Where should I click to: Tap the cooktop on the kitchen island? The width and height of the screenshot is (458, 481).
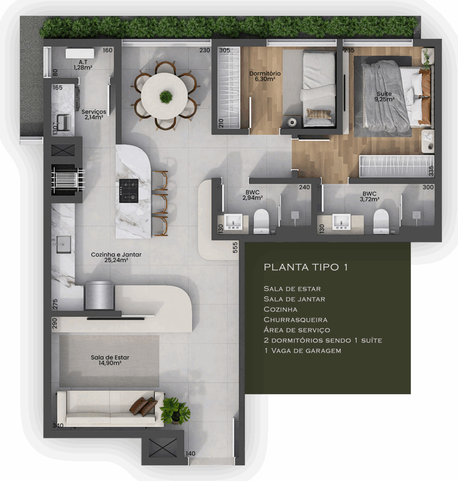point(129,191)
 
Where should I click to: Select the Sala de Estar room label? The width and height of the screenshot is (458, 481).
point(110,360)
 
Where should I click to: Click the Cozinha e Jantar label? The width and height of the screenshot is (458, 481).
point(116,257)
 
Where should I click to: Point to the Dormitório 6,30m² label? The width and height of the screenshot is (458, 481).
point(265,76)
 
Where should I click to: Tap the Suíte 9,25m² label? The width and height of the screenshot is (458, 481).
point(384,96)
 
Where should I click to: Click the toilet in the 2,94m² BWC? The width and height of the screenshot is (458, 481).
point(261,221)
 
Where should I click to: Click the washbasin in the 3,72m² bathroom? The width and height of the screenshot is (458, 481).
point(342,222)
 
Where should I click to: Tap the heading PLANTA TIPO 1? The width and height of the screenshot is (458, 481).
point(306,267)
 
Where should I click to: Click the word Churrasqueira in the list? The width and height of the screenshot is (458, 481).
point(295,319)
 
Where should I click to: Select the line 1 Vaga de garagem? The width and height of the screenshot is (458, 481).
point(303,350)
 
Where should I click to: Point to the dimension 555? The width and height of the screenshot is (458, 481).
point(235,247)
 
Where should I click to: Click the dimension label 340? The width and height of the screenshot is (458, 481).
point(58,426)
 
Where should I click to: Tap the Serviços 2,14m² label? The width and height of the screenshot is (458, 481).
point(94,115)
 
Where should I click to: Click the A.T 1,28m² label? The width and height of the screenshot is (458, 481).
point(83,65)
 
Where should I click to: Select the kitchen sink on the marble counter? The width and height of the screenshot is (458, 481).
point(63,244)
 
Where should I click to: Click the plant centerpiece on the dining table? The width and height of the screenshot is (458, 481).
point(166,97)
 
